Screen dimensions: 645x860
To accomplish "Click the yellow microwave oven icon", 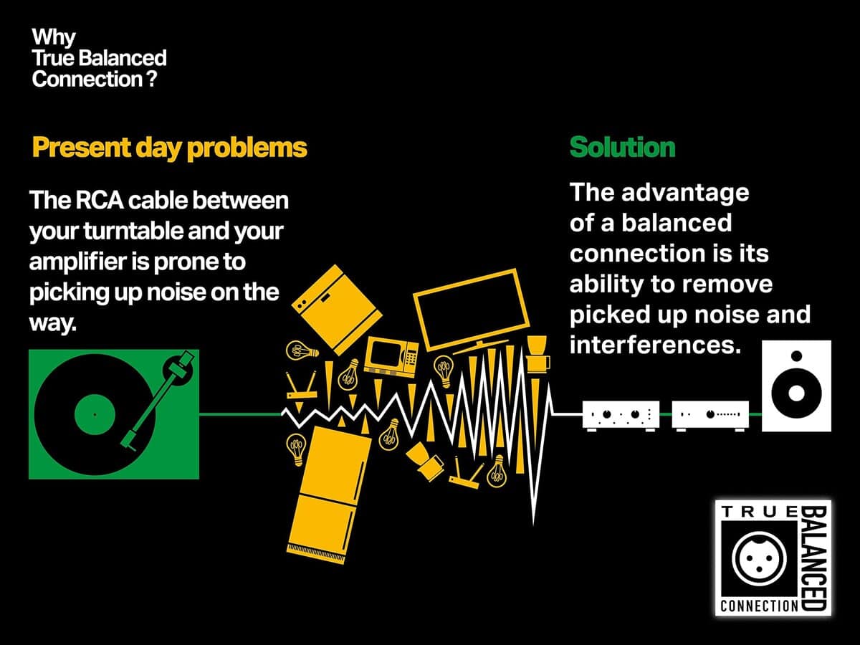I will coord(391,355).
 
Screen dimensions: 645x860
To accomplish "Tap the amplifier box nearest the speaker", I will coord(710,414).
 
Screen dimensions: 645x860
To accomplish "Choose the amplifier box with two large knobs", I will coord(621,414).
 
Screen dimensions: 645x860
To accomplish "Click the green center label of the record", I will coord(95,414).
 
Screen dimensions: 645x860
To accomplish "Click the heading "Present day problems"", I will coord(169,148).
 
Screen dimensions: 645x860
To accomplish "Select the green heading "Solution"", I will coord(622,148).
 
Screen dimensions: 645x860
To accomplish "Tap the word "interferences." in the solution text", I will coord(654,345).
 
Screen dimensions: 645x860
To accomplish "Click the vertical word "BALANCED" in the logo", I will coord(815,558).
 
